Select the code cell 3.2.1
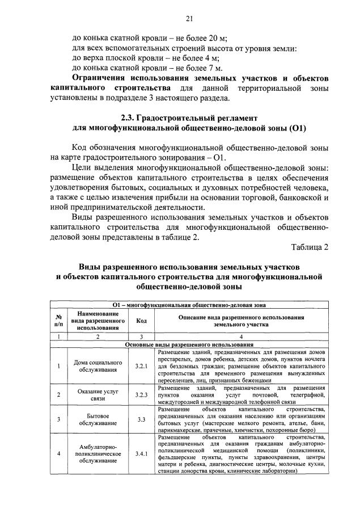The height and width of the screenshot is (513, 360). click(x=141, y=366)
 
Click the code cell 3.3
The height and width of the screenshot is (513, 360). click(x=141, y=420)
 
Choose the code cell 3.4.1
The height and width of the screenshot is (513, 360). click(x=141, y=454)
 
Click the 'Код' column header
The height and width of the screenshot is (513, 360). click(x=141, y=319)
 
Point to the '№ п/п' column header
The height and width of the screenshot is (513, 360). click(x=58, y=319)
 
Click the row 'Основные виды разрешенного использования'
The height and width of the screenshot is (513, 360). click(x=189, y=344)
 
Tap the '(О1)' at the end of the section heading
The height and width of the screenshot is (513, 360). click(x=297, y=128)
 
